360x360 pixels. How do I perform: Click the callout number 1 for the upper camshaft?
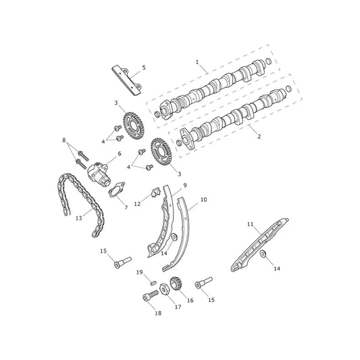point(197,62)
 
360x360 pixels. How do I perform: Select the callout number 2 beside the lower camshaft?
point(259,136)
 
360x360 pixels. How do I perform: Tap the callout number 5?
point(144,68)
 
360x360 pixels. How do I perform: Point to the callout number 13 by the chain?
point(79,218)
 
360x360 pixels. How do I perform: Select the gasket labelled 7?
point(117,190)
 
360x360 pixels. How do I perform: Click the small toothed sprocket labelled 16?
point(176,284)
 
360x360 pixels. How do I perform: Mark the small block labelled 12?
point(155,192)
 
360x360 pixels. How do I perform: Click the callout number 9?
point(185,185)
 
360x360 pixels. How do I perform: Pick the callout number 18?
point(158,313)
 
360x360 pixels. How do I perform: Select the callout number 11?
point(250,224)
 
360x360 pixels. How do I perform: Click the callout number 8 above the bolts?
point(64,140)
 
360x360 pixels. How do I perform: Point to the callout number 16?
point(190,300)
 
